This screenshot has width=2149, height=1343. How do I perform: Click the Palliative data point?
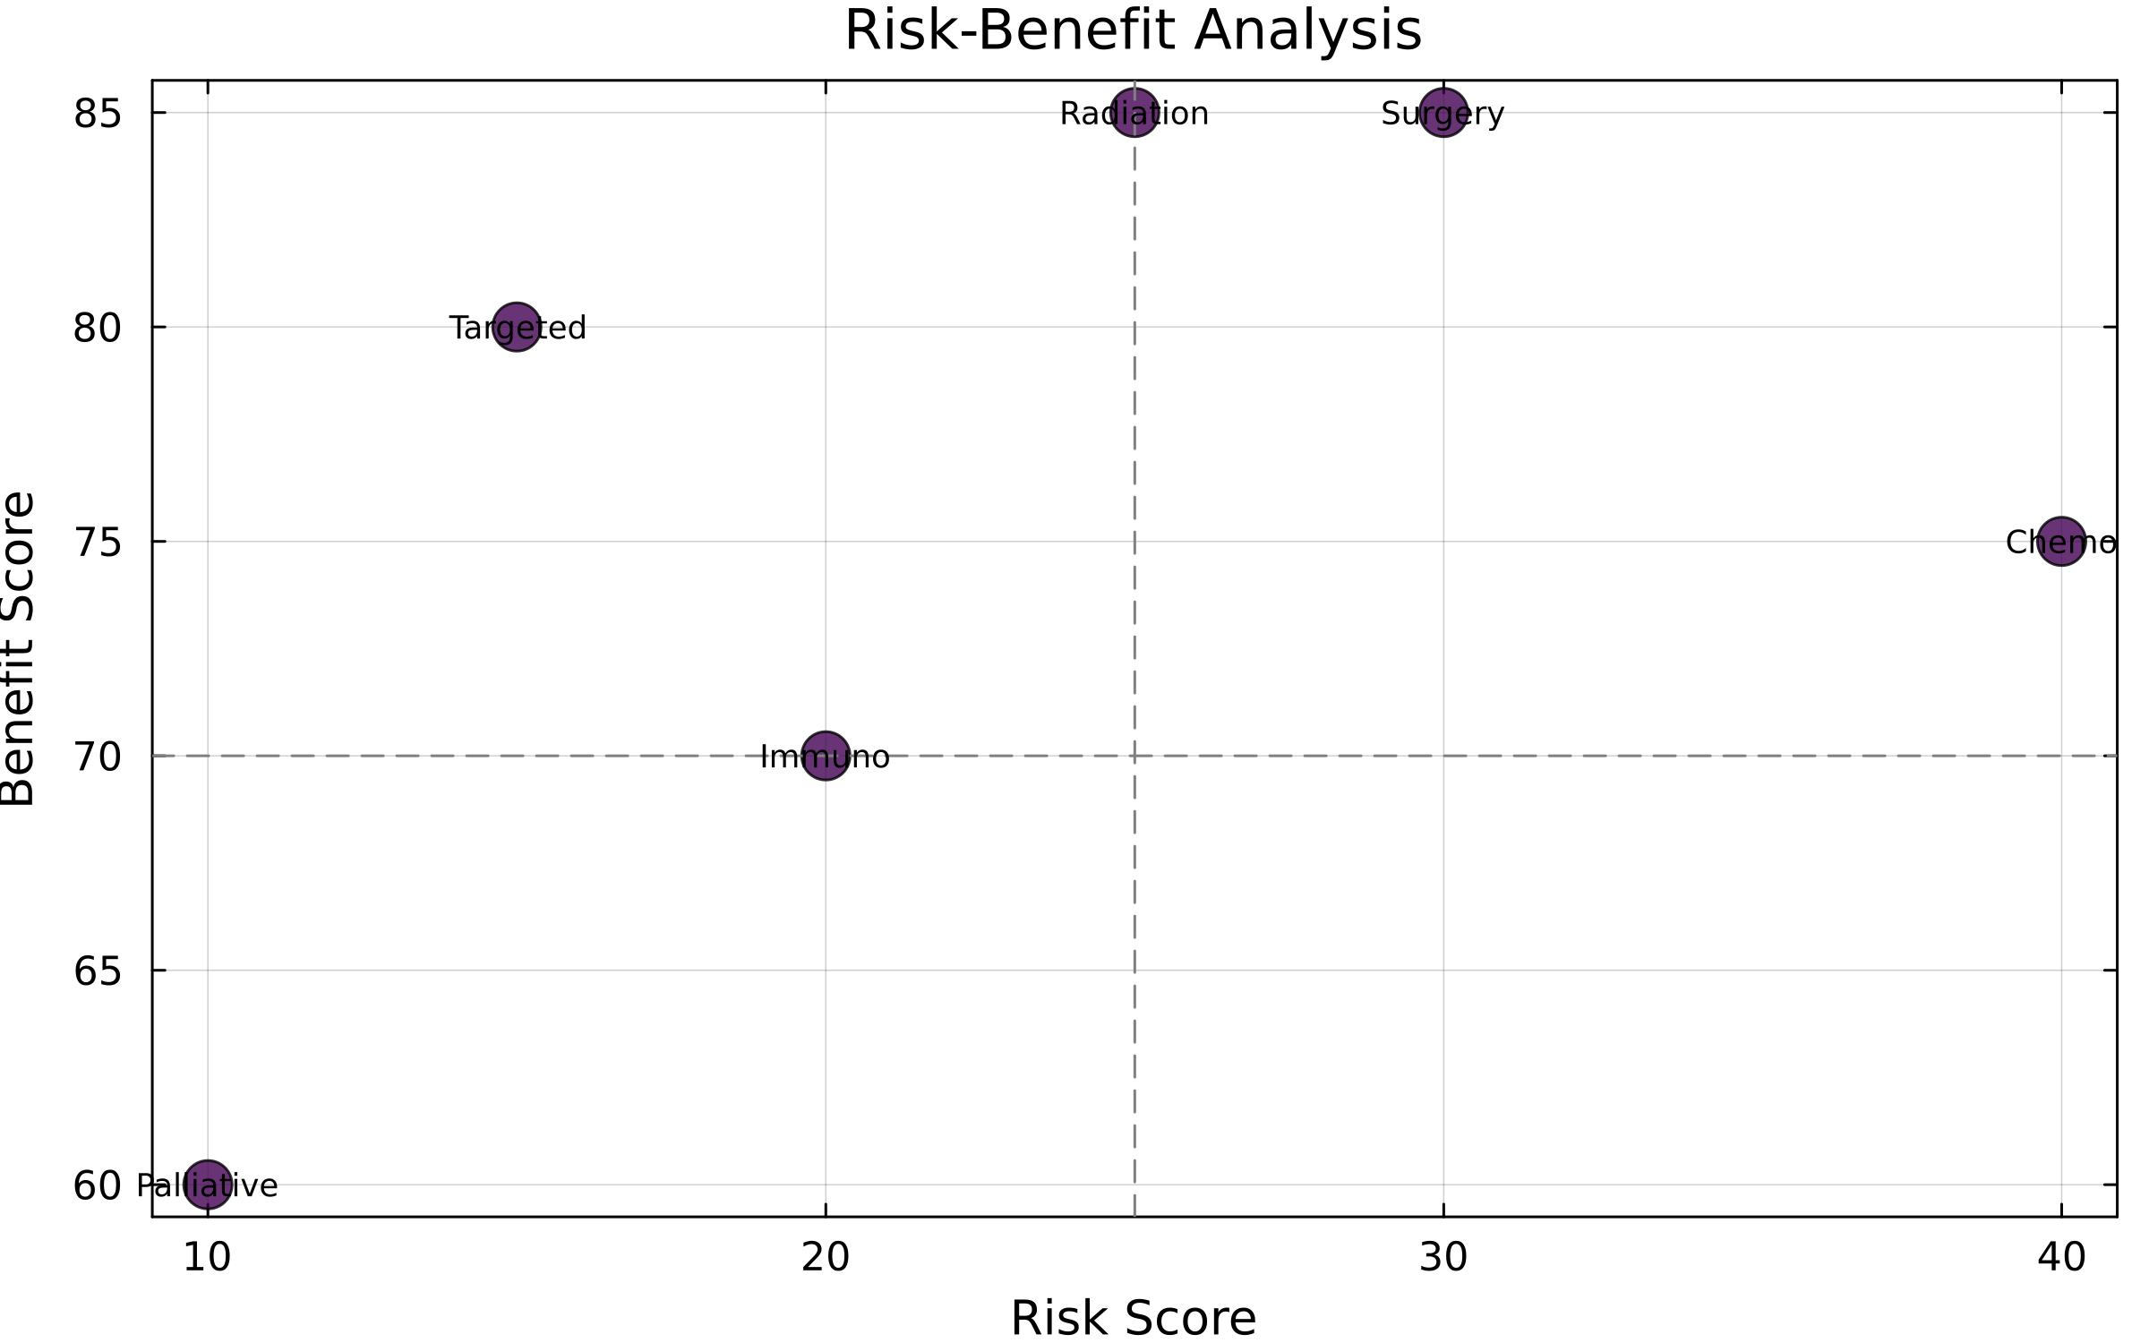[208, 1185]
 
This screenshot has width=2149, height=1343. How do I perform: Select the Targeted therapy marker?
[517, 327]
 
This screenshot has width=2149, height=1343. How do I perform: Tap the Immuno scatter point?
[825, 756]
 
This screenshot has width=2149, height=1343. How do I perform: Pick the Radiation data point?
[1134, 113]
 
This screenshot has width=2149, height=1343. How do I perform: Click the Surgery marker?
[1443, 113]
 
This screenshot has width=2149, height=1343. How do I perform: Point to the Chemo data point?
[2061, 541]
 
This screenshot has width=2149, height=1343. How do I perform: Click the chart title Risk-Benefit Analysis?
[1133, 31]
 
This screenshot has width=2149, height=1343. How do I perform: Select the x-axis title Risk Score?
[1133, 1318]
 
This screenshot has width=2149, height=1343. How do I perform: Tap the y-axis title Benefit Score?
[18, 648]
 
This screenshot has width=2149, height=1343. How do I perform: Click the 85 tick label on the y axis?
[97, 114]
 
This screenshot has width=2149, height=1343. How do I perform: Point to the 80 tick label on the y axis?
[97, 329]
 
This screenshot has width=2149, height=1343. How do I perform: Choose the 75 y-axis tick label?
[97, 543]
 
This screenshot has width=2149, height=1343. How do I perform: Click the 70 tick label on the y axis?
[97, 757]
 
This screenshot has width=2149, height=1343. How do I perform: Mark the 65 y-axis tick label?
[97, 971]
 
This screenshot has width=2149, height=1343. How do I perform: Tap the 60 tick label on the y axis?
[97, 1186]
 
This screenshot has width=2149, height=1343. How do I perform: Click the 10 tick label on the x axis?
[208, 1258]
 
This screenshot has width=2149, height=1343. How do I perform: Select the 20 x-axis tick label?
[825, 1258]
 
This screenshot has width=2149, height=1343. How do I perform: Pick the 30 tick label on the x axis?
[1443, 1258]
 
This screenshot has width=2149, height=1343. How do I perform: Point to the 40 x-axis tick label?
[2061, 1258]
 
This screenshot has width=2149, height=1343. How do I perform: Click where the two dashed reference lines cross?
[1134, 756]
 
